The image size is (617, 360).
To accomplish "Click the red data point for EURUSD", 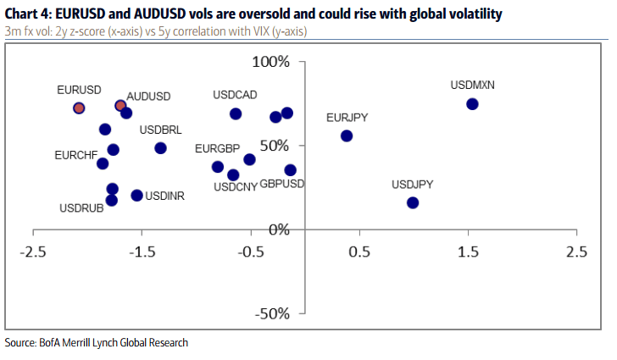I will point(79,108).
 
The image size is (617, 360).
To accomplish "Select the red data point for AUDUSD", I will point(120,106).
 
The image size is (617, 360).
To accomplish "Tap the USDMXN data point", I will point(472,103).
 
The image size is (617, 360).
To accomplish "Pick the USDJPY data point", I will point(413,202).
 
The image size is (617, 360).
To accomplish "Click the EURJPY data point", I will point(346,136).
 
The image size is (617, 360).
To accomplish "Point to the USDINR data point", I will point(136,196).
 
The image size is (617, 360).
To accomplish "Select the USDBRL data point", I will point(160,148).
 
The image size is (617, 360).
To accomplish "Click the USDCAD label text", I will point(235,95).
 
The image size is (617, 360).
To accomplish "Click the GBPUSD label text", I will point(282,184).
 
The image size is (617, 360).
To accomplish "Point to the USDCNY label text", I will point(236,187).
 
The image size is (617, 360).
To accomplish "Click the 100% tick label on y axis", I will point(271,63).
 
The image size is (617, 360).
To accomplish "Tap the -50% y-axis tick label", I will point(274,313).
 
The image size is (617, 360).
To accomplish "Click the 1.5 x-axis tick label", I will point(468,252).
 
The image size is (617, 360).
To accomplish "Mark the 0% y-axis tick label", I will point(279,230).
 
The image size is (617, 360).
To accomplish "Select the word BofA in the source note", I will point(49,343).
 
